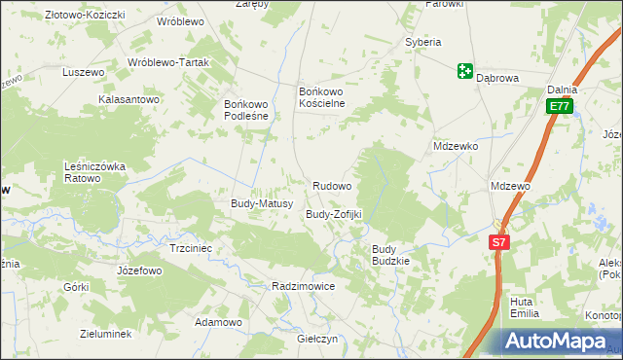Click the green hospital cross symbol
tap(464, 71)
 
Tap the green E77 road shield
tap(558, 106)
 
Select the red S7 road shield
tap(498, 242)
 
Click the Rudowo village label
tap(332, 185)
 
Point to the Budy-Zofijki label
tap(334, 213)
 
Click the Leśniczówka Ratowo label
tap(95, 172)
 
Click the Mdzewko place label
tap(456, 146)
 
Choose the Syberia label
tap(423, 42)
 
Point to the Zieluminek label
tap(105, 333)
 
